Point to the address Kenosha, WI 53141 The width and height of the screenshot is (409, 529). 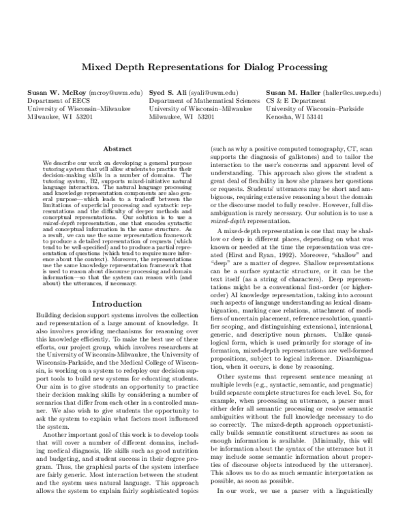point(296,117)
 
